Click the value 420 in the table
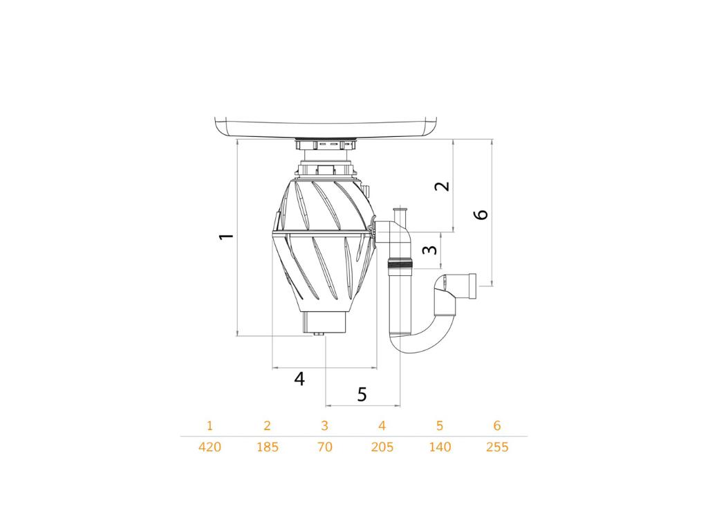210,447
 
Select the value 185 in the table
268,447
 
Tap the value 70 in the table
325,447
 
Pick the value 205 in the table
382,447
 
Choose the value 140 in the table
440,447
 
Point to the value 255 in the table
497,447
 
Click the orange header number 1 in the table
209,425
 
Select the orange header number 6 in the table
497,425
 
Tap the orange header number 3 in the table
325,425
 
